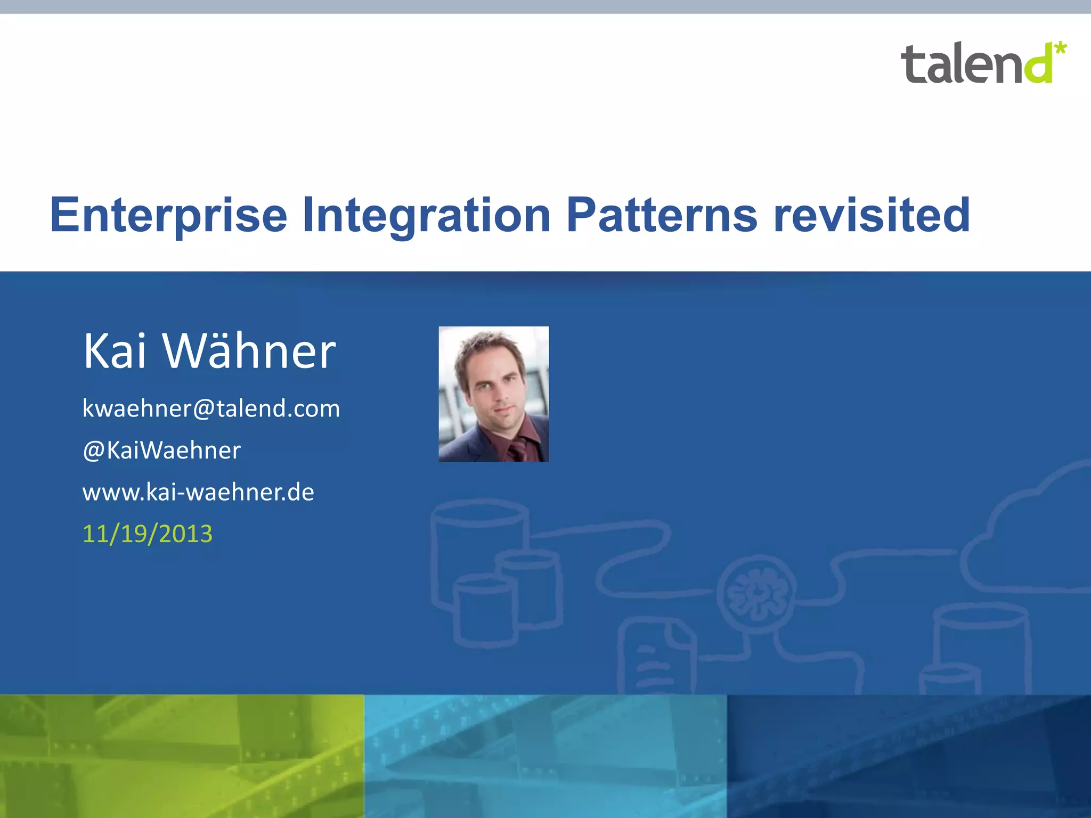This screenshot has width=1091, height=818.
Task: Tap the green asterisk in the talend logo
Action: click(1060, 48)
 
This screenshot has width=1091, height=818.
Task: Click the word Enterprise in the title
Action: click(168, 216)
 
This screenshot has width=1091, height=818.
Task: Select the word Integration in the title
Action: click(426, 216)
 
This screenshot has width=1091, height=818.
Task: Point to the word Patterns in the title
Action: click(662, 216)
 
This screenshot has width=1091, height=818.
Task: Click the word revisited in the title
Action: click(872, 216)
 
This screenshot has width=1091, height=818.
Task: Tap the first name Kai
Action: click(115, 351)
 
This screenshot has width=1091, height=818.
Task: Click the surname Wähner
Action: click(249, 351)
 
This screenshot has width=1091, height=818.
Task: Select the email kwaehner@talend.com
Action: click(211, 409)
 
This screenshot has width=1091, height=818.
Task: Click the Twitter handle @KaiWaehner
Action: click(161, 451)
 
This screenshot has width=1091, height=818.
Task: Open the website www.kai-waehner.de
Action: click(198, 492)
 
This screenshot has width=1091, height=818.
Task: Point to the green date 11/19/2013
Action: click(148, 534)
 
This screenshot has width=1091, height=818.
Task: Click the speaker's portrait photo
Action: click(493, 394)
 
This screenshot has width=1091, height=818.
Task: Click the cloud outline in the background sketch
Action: click(1028, 533)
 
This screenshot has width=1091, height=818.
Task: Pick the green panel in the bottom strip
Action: click(181, 756)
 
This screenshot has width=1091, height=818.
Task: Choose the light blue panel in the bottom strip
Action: click(545, 756)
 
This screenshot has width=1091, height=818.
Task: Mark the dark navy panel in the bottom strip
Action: click(909, 756)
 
